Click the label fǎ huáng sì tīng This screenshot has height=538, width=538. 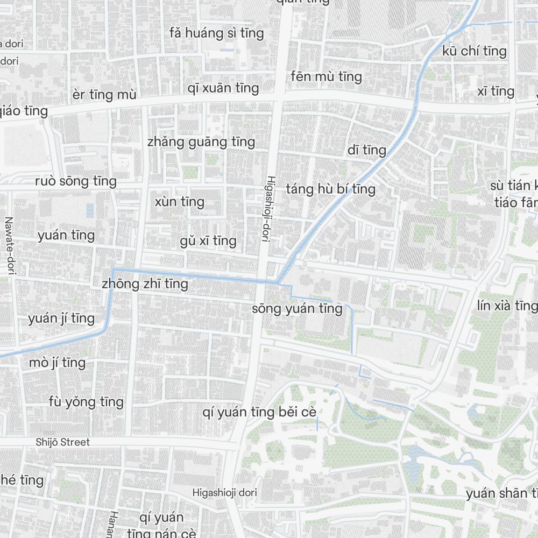[x=217, y=33]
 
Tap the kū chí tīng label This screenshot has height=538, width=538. [x=475, y=51]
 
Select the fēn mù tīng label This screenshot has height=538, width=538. [x=326, y=76]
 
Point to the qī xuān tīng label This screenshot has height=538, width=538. [x=223, y=88]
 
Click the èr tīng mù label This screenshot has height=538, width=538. [x=104, y=95]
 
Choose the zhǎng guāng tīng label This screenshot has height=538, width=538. [x=201, y=142]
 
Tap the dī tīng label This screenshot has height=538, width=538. [x=367, y=150]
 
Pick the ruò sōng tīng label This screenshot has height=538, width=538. [x=76, y=181]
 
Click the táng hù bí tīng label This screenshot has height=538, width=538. [x=331, y=189]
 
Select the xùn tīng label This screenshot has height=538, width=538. [x=180, y=202]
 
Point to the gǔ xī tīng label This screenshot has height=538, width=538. [x=208, y=240]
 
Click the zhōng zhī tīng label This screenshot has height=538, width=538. [x=145, y=284]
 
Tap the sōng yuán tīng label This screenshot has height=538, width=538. [x=297, y=309]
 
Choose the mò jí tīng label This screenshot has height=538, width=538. [x=58, y=363]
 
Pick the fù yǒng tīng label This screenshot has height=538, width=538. [x=86, y=402]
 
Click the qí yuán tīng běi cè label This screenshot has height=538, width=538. [x=259, y=413]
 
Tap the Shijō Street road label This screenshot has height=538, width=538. [x=63, y=442]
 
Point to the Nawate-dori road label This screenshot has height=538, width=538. [x=9, y=246]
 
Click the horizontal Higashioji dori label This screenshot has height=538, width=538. [x=225, y=492]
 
